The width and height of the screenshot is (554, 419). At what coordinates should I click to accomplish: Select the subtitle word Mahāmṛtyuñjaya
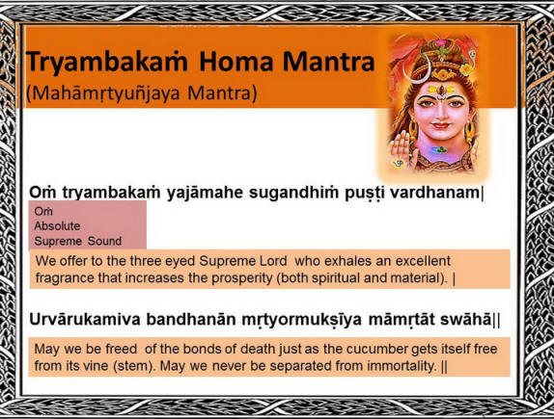point(108,93)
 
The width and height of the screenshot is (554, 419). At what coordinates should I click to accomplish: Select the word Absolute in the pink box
point(57,226)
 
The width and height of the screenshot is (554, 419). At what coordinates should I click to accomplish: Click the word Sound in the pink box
point(104,241)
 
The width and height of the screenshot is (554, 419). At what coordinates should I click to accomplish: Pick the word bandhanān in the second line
point(191,319)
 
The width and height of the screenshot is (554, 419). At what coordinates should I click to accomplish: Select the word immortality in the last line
point(402,366)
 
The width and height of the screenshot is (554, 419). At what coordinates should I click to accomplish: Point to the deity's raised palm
point(402,145)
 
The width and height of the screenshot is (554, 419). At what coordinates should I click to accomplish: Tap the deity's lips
point(440,125)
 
